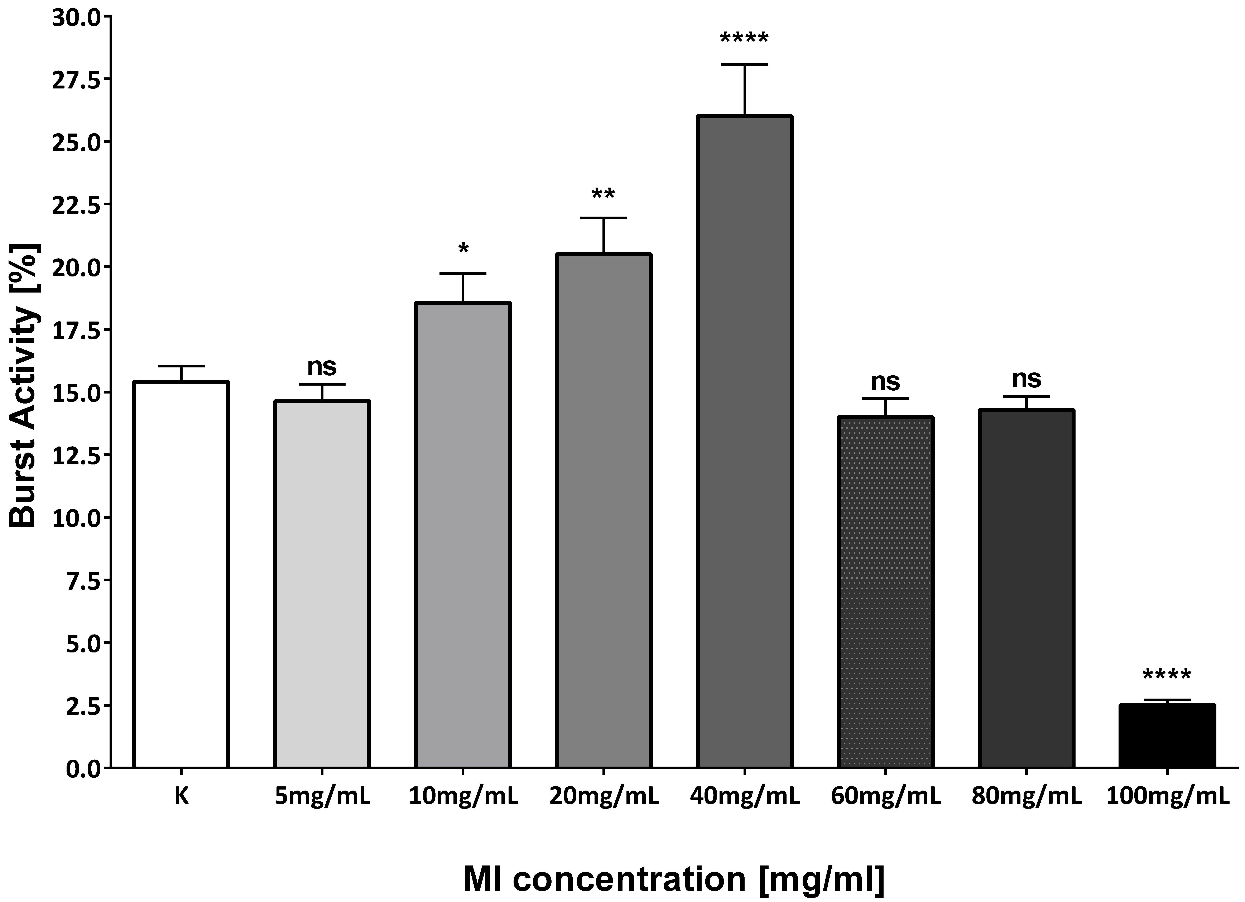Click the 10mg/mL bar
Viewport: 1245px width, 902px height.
point(463,535)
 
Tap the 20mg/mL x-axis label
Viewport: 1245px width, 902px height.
point(604,796)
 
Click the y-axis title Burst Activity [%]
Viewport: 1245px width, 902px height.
point(23,384)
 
